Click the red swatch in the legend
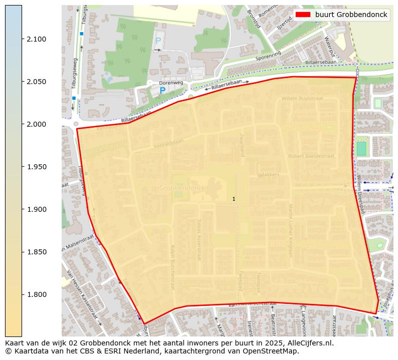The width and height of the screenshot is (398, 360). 304,15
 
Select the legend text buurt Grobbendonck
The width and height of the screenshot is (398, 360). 351,15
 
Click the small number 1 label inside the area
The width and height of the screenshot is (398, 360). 234,199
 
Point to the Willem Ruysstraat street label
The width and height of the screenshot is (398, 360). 302,99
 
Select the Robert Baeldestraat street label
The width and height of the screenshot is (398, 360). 311,156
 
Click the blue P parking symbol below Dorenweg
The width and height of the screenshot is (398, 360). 162,91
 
